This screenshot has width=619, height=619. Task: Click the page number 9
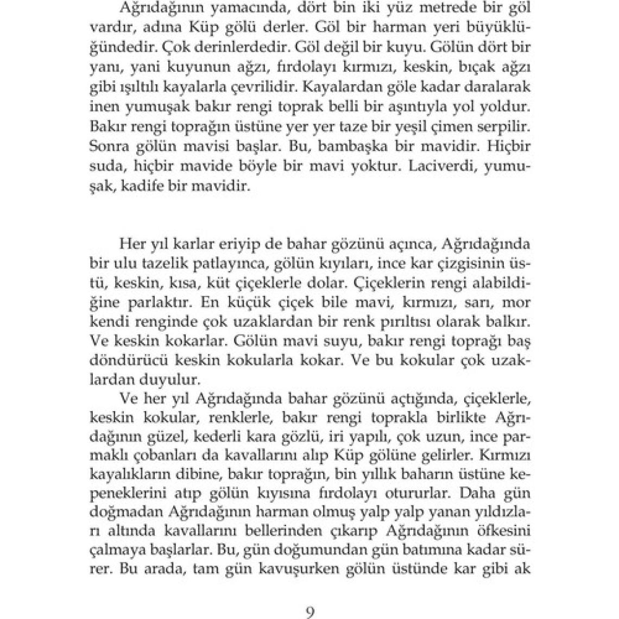[309, 611]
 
